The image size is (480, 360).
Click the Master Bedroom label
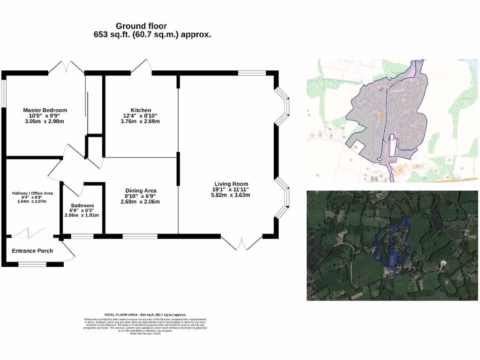[45, 110]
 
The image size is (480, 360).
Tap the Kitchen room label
[141, 110]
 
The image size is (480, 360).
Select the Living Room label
[231, 184]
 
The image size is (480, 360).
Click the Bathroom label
[82, 205]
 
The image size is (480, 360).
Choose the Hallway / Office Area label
[32, 193]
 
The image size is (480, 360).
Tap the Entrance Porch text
[32, 251]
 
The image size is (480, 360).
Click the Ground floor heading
[141, 26]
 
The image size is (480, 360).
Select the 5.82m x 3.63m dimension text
[231, 195]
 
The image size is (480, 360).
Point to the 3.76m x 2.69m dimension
[140, 121]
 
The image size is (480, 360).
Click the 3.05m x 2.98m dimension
[45, 121]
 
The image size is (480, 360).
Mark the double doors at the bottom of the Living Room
[242, 242]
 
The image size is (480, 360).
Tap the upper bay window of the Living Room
[283, 105]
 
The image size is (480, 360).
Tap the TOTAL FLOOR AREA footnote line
[145, 315]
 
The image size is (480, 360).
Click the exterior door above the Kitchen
[142, 68]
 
